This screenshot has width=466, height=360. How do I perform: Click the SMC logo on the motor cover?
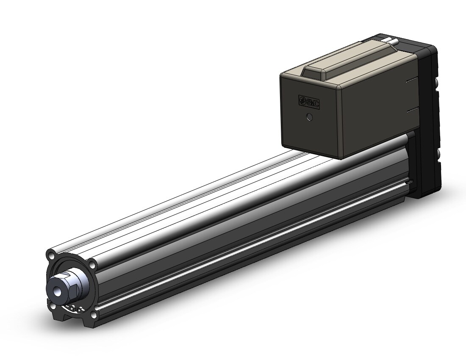point(309,102)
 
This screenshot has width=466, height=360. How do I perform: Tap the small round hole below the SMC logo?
point(310,117)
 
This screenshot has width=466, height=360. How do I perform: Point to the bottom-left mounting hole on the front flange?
point(53,304)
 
